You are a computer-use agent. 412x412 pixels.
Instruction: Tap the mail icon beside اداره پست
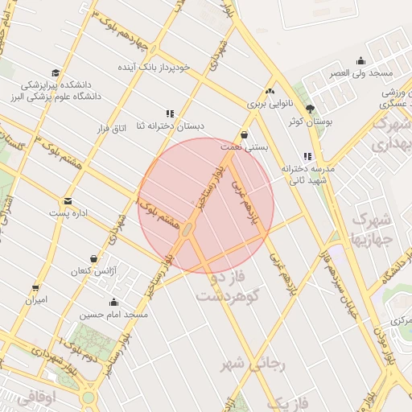tap(68, 200)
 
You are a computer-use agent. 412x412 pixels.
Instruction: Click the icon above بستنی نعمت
tap(244, 134)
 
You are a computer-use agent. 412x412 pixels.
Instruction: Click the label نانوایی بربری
tap(266, 104)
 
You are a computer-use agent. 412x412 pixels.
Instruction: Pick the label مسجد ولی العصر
tap(361, 72)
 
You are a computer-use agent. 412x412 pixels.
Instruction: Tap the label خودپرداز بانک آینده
tap(164, 66)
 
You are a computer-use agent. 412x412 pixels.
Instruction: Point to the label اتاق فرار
tap(113, 128)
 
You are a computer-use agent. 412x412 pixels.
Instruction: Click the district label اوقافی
tap(35, 397)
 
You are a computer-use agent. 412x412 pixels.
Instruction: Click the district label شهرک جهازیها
tap(372, 229)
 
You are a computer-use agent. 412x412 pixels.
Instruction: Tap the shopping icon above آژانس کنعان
tap(94, 259)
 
